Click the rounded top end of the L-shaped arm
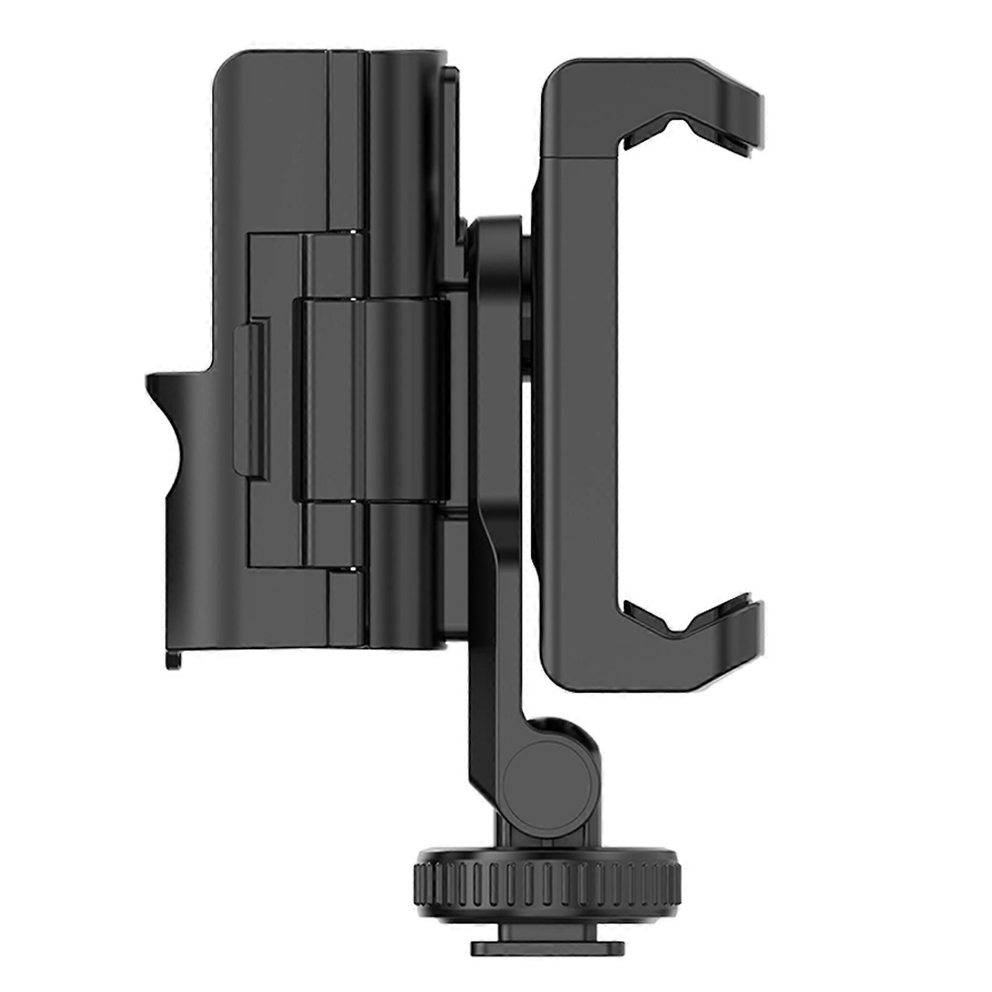[496, 239]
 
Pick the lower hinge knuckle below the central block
[335, 533]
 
